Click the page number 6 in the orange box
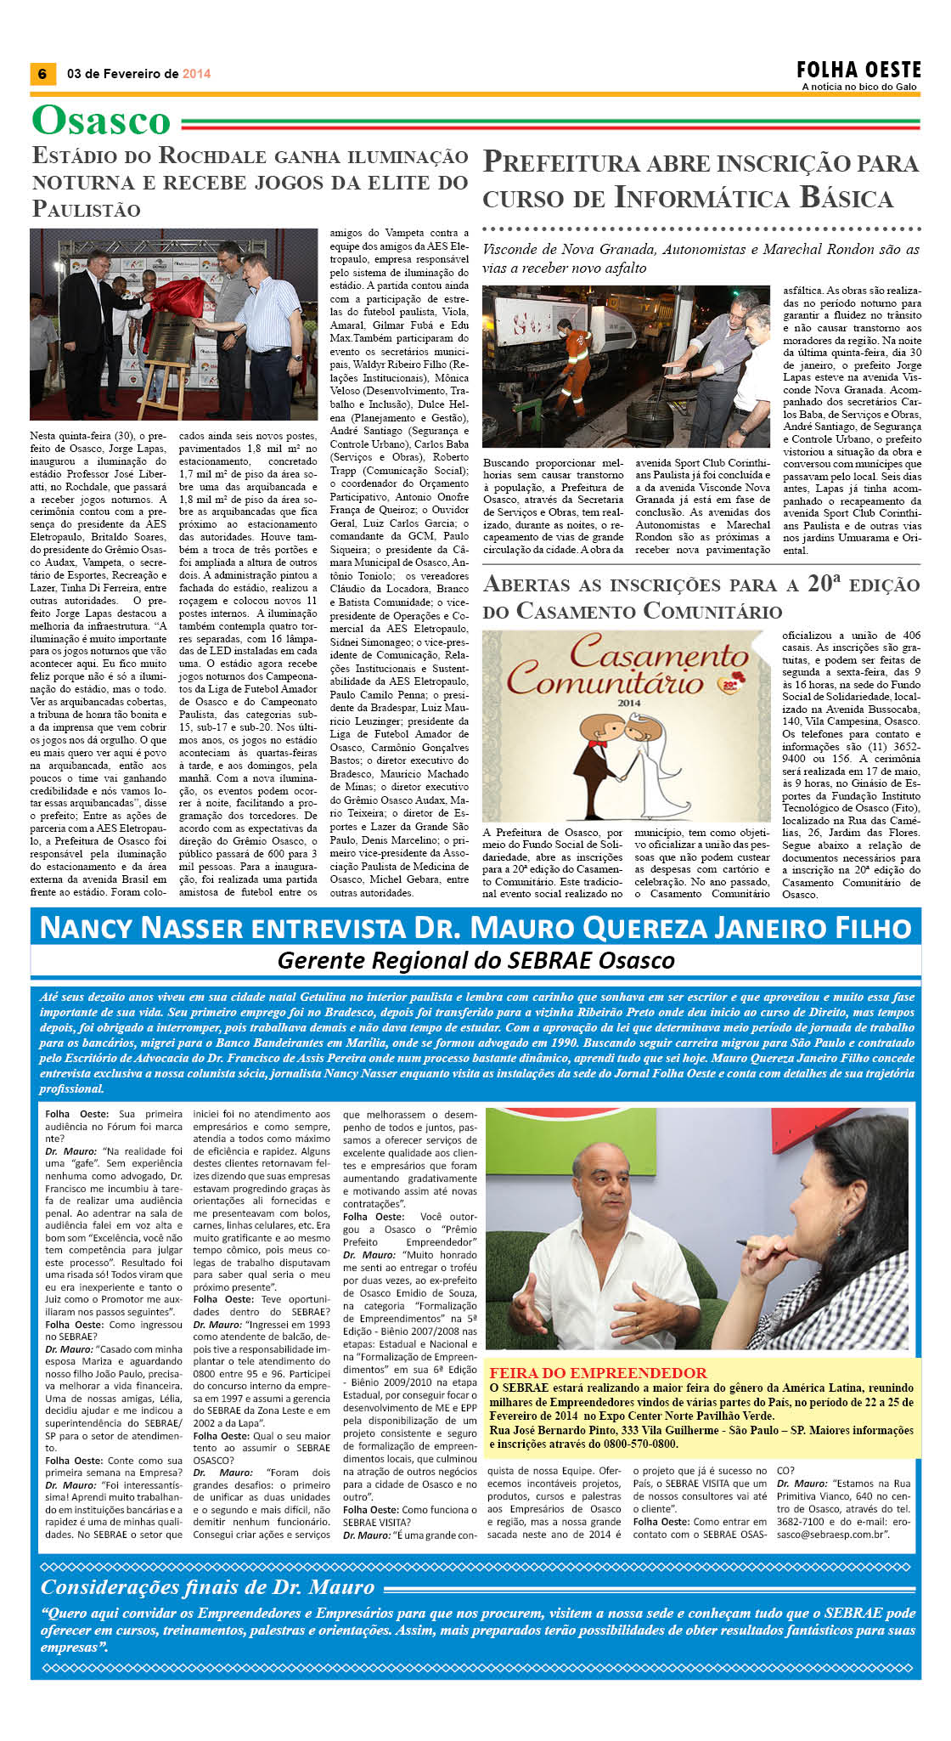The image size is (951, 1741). pyautogui.click(x=42, y=74)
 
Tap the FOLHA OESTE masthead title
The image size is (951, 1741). pyautogui.click(x=858, y=70)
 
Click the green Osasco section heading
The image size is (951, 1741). pyautogui.click(x=101, y=121)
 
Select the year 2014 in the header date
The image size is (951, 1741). pyautogui.click(x=196, y=74)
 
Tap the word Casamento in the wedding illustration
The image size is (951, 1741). pyautogui.click(x=659, y=653)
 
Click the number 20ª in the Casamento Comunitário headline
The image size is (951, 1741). pyautogui.click(x=820, y=584)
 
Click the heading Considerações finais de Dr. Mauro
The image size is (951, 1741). pyautogui.click(x=207, y=1587)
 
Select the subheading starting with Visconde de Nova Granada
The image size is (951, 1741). pyautogui.click(x=701, y=258)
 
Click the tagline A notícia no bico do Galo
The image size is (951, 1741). pyautogui.click(x=859, y=87)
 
